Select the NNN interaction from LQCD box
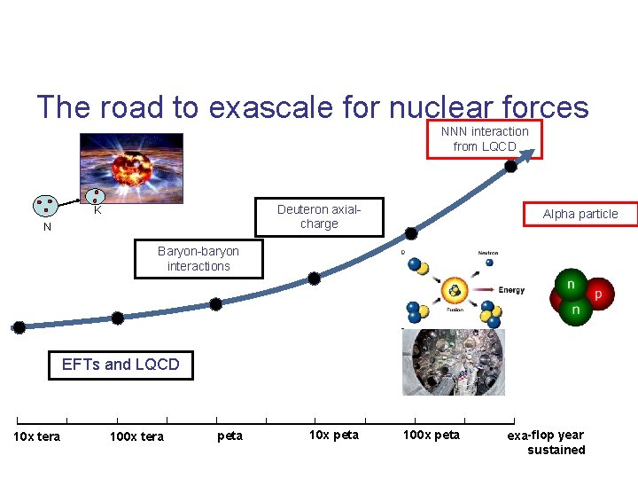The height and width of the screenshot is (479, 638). coord(485,138)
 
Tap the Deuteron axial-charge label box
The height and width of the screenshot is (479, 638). coord(319,216)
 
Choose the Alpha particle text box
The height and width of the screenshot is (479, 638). coord(580,214)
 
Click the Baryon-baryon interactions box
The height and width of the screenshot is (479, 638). coord(198,259)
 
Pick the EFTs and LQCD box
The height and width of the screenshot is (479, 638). coord(121,365)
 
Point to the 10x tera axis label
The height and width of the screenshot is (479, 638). coord(36,436)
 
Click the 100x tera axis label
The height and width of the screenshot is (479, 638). coord(136,436)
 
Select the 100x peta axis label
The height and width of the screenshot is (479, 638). coord(432,435)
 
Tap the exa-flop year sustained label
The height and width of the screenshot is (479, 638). coord(548,442)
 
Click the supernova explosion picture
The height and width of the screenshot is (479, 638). coord(130,169)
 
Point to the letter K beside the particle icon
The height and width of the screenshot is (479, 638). coord(98,212)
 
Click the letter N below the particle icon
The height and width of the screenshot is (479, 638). coord(48,227)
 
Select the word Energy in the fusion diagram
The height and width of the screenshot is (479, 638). coord(510,289)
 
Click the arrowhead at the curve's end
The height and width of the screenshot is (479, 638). coord(530,153)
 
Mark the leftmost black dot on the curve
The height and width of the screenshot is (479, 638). coord(19,326)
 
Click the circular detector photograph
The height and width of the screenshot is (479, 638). coord(452,362)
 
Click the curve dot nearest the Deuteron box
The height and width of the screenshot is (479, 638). coord(411,233)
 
